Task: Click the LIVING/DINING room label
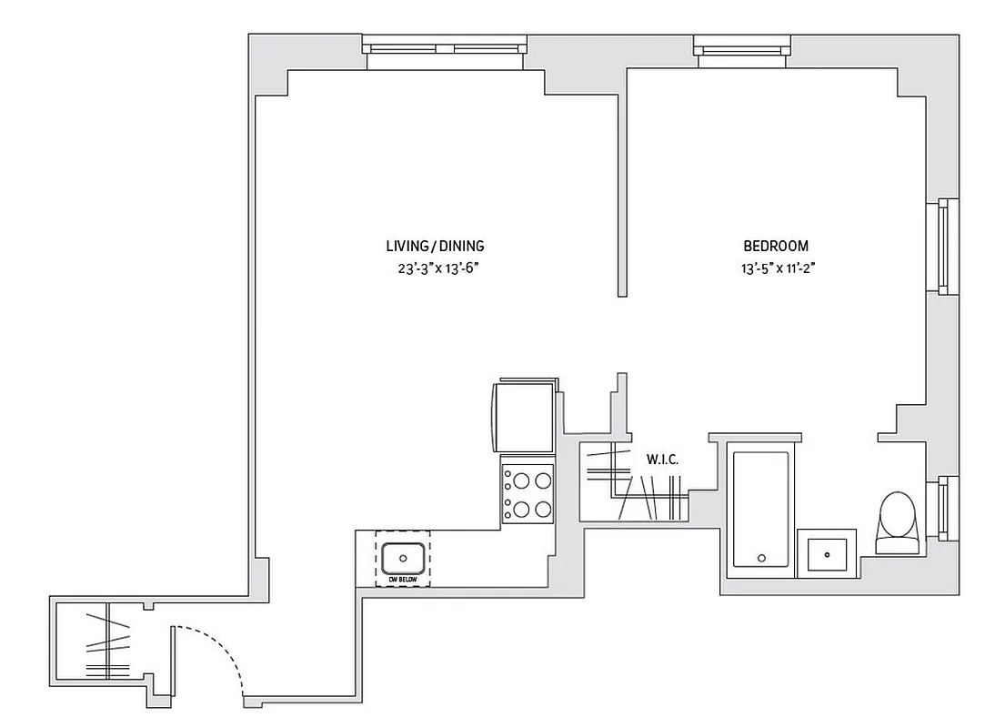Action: (x=435, y=246)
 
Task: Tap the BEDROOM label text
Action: (x=775, y=246)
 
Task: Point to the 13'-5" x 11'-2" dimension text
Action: (x=775, y=268)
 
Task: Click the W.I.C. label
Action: (x=662, y=460)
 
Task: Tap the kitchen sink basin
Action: (x=402, y=557)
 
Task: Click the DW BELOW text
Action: (x=402, y=579)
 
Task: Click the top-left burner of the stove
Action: (x=515, y=480)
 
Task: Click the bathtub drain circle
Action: (x=761, y=558)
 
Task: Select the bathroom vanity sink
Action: (x=827, y=552)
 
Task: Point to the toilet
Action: (x=897, y=522)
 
